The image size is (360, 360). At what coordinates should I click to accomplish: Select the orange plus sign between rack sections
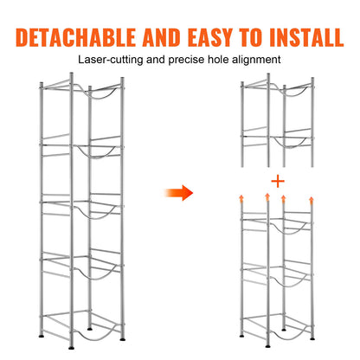(x=277, y=182)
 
